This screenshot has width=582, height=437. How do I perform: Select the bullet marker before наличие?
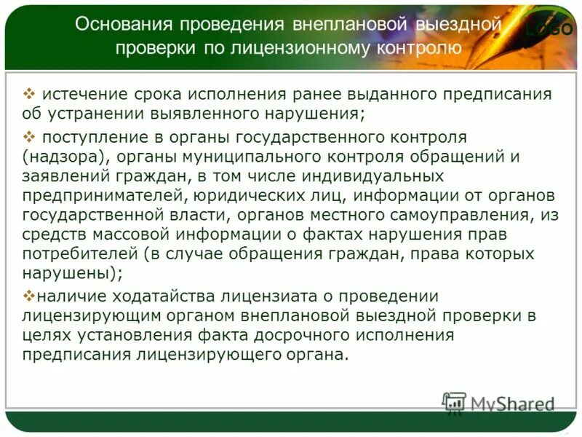pyautogui.click(x=29, y=295)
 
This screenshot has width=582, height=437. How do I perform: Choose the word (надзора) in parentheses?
pyautogui.click(x=64, y=156)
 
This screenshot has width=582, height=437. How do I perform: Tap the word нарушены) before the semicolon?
pyautogui.click(x=70, y=274)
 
